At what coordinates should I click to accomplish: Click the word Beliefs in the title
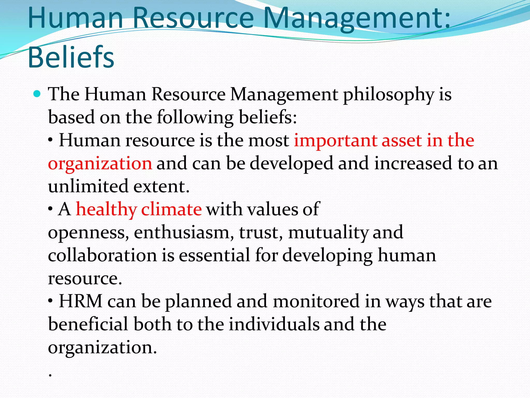(71, 57)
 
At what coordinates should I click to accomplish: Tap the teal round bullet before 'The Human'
(37, 94)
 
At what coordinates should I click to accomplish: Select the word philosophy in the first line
(388, 95)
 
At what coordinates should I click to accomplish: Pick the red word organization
(100, 164)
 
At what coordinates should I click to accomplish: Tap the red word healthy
(106, 209)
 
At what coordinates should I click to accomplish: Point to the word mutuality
(328, 233)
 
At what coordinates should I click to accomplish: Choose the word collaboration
(102, 255)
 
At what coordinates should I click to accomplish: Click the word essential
(215, 255)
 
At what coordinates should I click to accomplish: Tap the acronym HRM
(80, 301)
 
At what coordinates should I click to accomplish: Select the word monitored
(316, 301)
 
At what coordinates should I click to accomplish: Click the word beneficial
(88, 324)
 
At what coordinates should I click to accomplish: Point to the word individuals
(274, 324)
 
